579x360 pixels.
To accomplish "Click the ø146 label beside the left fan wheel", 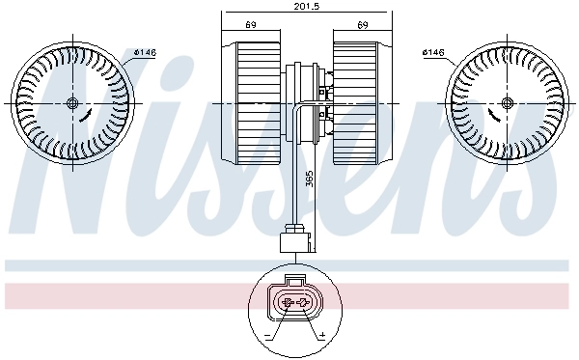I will pos(145,52).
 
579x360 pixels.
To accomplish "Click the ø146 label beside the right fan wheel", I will pos(435,52).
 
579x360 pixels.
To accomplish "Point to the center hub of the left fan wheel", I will pos(73,104).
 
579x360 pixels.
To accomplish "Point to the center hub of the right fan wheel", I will pos(506,104).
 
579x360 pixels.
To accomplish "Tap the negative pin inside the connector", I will pos(286,304).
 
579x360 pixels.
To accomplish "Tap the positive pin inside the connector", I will pos(304,304).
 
